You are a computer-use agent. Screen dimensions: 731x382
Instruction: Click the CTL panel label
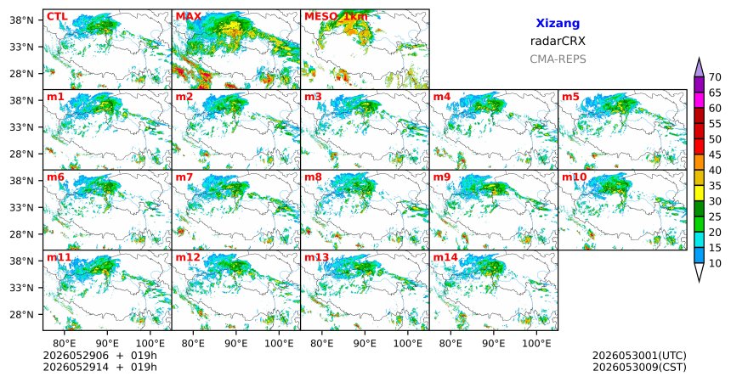(57, 17)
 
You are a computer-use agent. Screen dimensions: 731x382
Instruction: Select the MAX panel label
(189, 17)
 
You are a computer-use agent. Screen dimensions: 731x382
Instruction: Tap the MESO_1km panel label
(336, 17)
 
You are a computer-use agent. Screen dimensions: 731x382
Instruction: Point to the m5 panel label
(570, 97)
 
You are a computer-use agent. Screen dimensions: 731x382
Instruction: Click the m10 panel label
(574, 177)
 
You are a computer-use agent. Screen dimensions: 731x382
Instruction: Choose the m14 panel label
(445, 257)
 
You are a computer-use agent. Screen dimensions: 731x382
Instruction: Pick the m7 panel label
(184, 177)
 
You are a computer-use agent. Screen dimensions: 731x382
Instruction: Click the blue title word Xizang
(558, 23)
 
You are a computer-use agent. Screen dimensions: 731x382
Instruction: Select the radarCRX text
(558, 41)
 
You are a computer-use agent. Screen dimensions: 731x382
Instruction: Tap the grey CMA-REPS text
(558, 59)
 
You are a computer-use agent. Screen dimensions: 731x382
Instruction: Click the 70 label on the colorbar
(715, 77)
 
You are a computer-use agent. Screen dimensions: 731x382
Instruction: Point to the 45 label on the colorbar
(715, 154)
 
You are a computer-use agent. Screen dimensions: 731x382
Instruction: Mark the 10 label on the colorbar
(715, 263)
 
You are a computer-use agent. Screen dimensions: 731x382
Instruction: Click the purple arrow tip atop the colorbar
(699, 58)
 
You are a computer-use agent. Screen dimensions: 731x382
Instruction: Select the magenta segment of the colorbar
(699, 100)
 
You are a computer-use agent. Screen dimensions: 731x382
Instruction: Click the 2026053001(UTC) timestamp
(639, 356)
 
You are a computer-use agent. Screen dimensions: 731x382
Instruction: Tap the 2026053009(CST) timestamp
(639, 367)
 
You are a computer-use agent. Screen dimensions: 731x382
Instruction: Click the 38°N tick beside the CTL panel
(21, 20)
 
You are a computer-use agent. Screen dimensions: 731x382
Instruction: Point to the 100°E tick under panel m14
(536, 344)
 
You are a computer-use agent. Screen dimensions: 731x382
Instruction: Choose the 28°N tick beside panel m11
(21, 314)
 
